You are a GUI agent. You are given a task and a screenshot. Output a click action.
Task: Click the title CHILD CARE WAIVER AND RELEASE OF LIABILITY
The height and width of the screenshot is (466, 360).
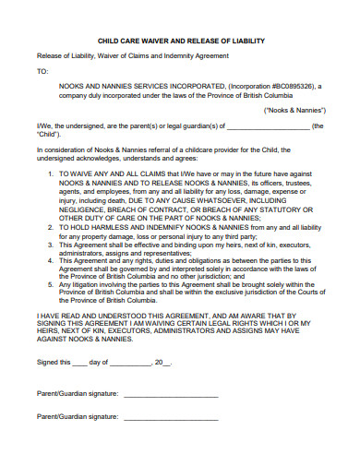click(x=180, y=41)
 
